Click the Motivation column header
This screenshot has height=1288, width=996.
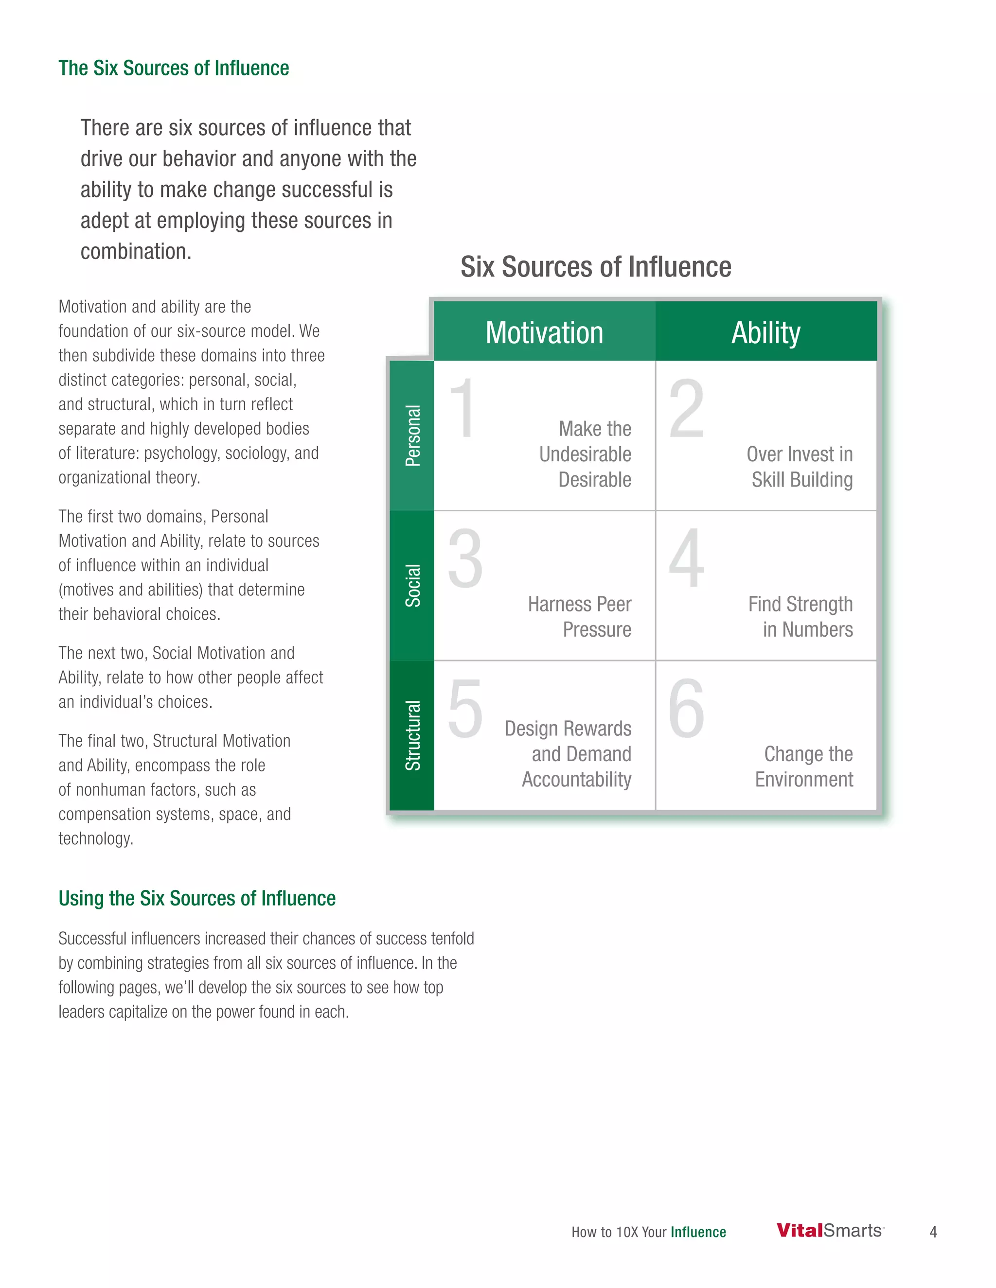544,332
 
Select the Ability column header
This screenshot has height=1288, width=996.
766,332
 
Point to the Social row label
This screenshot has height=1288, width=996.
412,585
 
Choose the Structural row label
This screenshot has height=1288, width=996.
412,735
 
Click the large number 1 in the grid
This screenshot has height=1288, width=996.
462,408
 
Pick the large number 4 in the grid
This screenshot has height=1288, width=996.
686,558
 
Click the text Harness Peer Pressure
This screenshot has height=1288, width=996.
579,617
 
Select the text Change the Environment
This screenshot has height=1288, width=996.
805,766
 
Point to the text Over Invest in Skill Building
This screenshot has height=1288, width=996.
800,467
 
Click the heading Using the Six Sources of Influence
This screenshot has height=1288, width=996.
197,898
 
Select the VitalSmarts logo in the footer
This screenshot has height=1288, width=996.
830,1231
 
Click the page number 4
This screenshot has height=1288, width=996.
933,1232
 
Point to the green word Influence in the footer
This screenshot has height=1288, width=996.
698,1232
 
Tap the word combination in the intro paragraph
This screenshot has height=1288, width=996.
136,252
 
